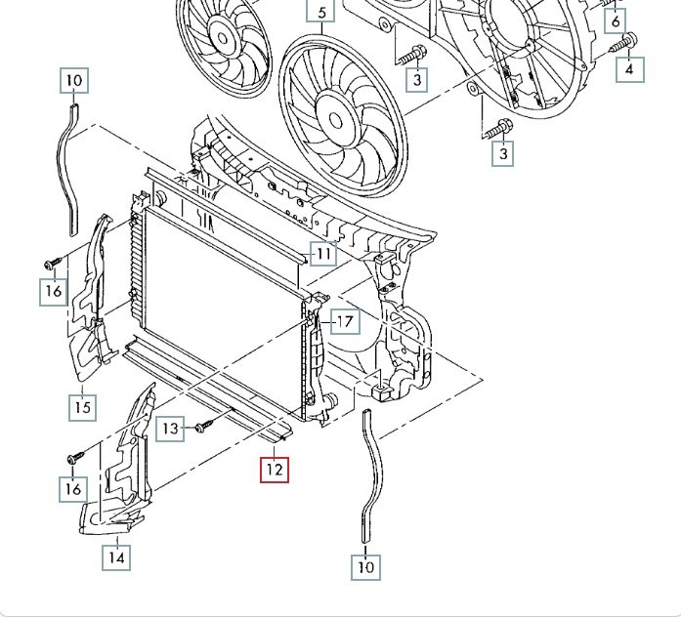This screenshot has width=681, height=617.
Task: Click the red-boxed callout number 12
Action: (x=274, y=470)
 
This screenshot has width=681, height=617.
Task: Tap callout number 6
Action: (x=616, y=20)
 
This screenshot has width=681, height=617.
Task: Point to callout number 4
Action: (x=630, y=68)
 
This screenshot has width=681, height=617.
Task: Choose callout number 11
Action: (x=324, y=254)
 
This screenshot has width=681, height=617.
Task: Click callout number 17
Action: (x=344, y=320)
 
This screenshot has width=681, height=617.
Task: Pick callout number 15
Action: (x=83, y=405)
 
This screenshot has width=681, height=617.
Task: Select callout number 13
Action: (x=171, y=428)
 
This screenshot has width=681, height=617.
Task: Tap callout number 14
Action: (x=116, y=557)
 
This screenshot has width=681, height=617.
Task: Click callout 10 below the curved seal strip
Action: (x=365, y=565)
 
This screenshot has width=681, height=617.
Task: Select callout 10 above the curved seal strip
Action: (x=74, y=80)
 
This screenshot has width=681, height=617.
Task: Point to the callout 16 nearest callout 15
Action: (x=53, y=290)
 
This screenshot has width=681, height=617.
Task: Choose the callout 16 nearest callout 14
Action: (x=74, y=486)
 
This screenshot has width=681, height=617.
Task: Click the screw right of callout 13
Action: (x=202, y=427)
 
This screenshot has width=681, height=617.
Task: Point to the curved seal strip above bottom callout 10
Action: (x=369, y=469)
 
